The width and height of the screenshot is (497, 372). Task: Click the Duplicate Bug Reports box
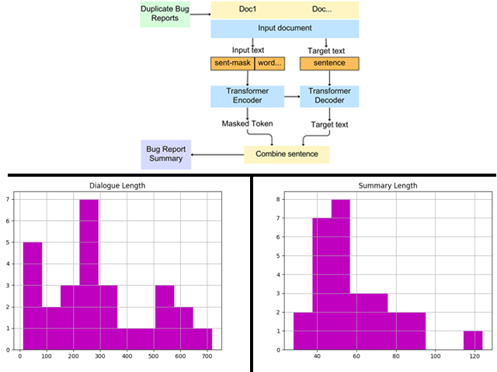tap(165, 13)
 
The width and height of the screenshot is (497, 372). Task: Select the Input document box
tap(285, 29)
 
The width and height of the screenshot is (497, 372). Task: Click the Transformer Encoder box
tap(247, 96)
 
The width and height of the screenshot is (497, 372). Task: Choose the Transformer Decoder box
tap(329, 96)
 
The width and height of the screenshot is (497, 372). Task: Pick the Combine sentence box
tap(287, 153)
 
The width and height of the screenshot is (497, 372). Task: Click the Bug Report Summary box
tap(164, 153)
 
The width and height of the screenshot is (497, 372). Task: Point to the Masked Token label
tap(247, 123)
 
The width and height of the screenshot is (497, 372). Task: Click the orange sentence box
tap(329, 64)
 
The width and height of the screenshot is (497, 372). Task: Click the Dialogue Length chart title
tap(117, 185)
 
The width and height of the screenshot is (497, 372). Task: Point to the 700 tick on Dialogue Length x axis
tap(207, 356)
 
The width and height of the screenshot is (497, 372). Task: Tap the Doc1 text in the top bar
tap(245, 9)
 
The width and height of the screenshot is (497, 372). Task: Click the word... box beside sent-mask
tap(269, 64)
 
